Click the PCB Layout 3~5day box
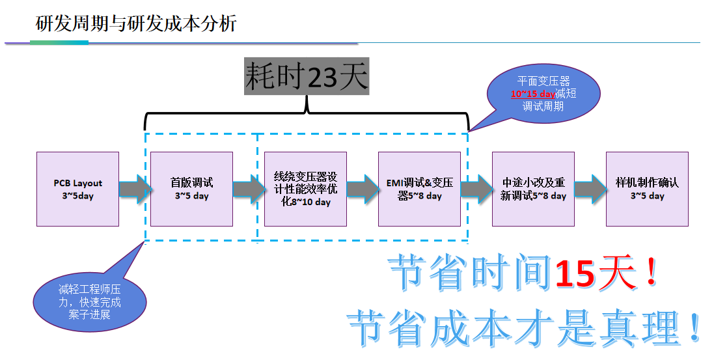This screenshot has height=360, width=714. coord(77,189)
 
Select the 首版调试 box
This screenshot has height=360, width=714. coord(191,189)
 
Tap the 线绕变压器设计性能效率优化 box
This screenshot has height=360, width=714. coord(305,189)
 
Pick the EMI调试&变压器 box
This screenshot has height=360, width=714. coord(419,189)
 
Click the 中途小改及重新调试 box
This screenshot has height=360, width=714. coord(533,189)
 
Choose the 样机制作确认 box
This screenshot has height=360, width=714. coord(647,189)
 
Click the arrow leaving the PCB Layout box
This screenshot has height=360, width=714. coord(135,188)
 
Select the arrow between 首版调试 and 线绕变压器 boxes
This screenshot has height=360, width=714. coord(249,188)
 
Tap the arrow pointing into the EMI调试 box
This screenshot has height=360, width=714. coord(363,188)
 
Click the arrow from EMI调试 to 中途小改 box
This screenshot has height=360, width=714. coord(476,188)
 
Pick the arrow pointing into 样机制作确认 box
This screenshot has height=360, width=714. coord(590,188)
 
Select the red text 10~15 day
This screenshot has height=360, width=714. coord(537,94)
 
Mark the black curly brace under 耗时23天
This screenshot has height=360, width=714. coord(307,116)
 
